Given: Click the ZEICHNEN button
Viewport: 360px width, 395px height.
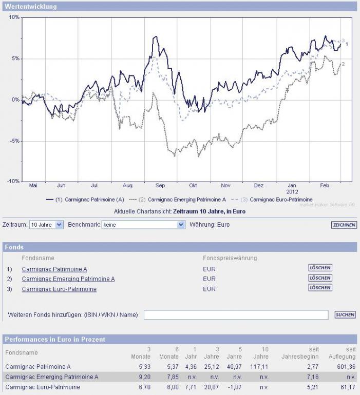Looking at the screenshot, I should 344,225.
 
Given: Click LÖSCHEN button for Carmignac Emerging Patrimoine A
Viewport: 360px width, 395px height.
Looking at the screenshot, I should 320,278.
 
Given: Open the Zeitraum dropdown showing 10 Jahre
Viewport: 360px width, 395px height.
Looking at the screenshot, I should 46,225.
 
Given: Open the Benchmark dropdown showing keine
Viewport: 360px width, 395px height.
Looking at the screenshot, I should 143,225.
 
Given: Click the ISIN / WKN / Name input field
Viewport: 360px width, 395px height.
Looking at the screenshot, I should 236,315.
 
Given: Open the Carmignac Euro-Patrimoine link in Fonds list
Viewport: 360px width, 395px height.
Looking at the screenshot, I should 59,289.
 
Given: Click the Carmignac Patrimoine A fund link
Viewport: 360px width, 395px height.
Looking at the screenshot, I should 54,269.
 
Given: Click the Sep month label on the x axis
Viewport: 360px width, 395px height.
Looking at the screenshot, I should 160,185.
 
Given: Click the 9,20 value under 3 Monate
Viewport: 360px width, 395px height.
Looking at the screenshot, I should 144,377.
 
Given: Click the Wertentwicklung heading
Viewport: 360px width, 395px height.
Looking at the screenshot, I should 31,7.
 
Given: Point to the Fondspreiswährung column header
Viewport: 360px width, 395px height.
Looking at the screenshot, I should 230,258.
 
